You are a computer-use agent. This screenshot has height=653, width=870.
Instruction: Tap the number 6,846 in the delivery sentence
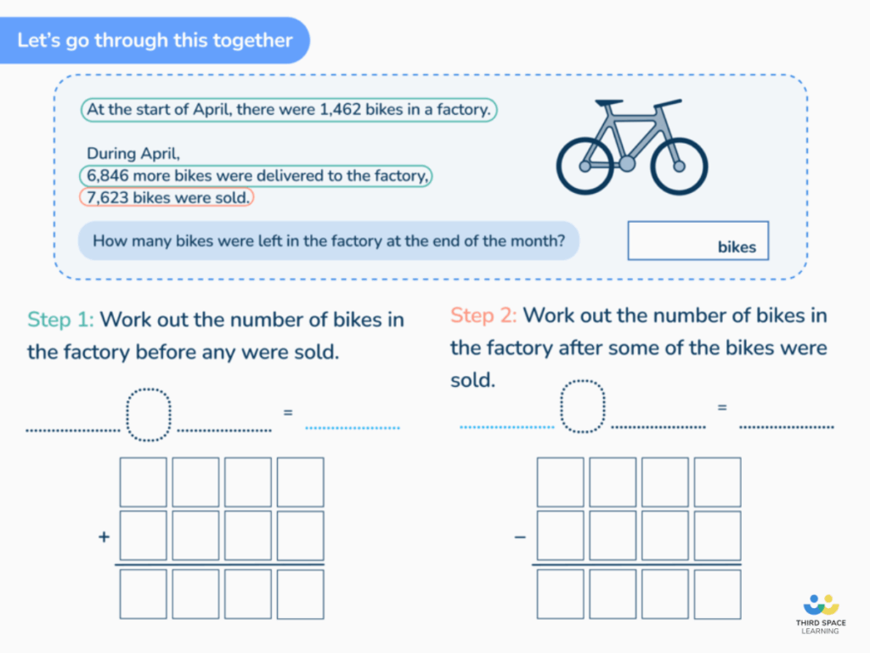(x=107, y=176)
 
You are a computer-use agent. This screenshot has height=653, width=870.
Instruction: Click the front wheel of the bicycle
(x=679, y=166)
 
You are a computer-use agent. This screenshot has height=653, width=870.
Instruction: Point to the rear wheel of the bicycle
(x=585, y=166)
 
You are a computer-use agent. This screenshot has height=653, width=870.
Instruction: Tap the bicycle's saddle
(x=608, y=104)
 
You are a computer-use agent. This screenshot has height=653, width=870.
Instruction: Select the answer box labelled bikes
(x=698, y=240)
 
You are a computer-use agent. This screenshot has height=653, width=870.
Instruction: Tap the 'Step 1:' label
(x=61, y=321)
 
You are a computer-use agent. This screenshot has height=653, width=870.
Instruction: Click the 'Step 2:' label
(x=483, y=315)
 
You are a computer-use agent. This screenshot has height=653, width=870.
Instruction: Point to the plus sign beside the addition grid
(x=105, y=537)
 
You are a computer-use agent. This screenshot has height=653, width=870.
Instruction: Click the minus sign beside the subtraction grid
(x=520, y=537)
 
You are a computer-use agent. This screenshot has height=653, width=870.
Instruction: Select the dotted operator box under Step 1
(x=149, y=414)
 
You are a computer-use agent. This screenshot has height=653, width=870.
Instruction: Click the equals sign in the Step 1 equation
(x=288, y=412)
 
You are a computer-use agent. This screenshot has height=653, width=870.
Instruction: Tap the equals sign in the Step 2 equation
(x=722, y=407)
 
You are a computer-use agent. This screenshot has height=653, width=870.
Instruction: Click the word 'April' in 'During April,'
(x=161, y=154)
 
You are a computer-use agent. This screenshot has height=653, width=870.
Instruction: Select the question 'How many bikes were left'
(x=328, y=241)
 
